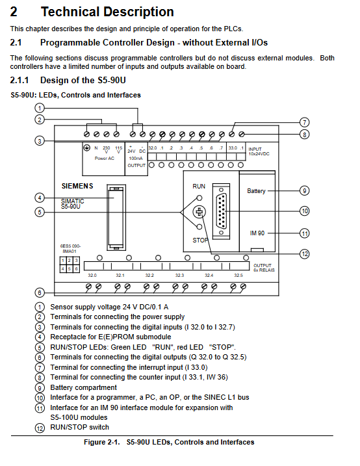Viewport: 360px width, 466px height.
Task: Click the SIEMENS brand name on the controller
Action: point(77,186)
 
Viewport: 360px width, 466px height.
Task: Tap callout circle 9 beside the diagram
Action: point(305,190)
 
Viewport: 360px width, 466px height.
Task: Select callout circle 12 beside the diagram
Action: point(305,254)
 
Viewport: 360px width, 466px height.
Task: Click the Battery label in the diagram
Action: point(256,191)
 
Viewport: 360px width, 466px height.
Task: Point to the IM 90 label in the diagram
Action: point(257,233)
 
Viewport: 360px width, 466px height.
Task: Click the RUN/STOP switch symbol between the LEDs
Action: point(199,212)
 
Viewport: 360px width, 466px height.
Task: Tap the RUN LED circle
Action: point(199,198)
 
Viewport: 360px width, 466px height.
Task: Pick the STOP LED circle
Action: point(199,227)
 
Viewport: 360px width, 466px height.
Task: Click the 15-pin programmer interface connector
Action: point(222,211)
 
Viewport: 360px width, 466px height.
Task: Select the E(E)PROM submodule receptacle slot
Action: point(116,218)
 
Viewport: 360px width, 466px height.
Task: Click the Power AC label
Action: point(104,159)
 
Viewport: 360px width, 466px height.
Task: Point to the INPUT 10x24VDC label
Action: point(259,151)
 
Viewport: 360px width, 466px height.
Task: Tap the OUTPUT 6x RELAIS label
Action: point(264,268)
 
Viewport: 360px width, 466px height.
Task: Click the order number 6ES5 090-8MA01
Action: point(70,249)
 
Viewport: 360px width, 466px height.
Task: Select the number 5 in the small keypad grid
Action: point(70,268)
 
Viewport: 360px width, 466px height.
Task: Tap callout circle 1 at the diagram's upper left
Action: point(40,108)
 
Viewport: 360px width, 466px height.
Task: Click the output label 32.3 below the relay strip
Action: point(179,276)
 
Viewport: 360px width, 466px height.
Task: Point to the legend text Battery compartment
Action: point(83,387)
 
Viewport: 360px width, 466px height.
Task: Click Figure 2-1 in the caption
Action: point(101,442)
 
